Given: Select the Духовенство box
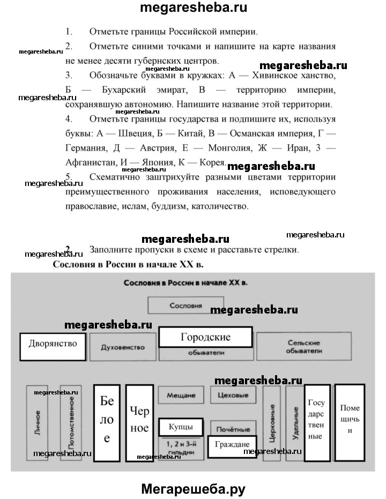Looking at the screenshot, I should point(123,347).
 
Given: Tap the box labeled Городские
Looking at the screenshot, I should point(205,338).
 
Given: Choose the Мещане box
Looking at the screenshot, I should point(180,395).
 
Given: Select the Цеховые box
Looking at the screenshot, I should point(233,395).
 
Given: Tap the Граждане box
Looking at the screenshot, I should point(232,445).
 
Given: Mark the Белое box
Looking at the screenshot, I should point(106,423).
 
